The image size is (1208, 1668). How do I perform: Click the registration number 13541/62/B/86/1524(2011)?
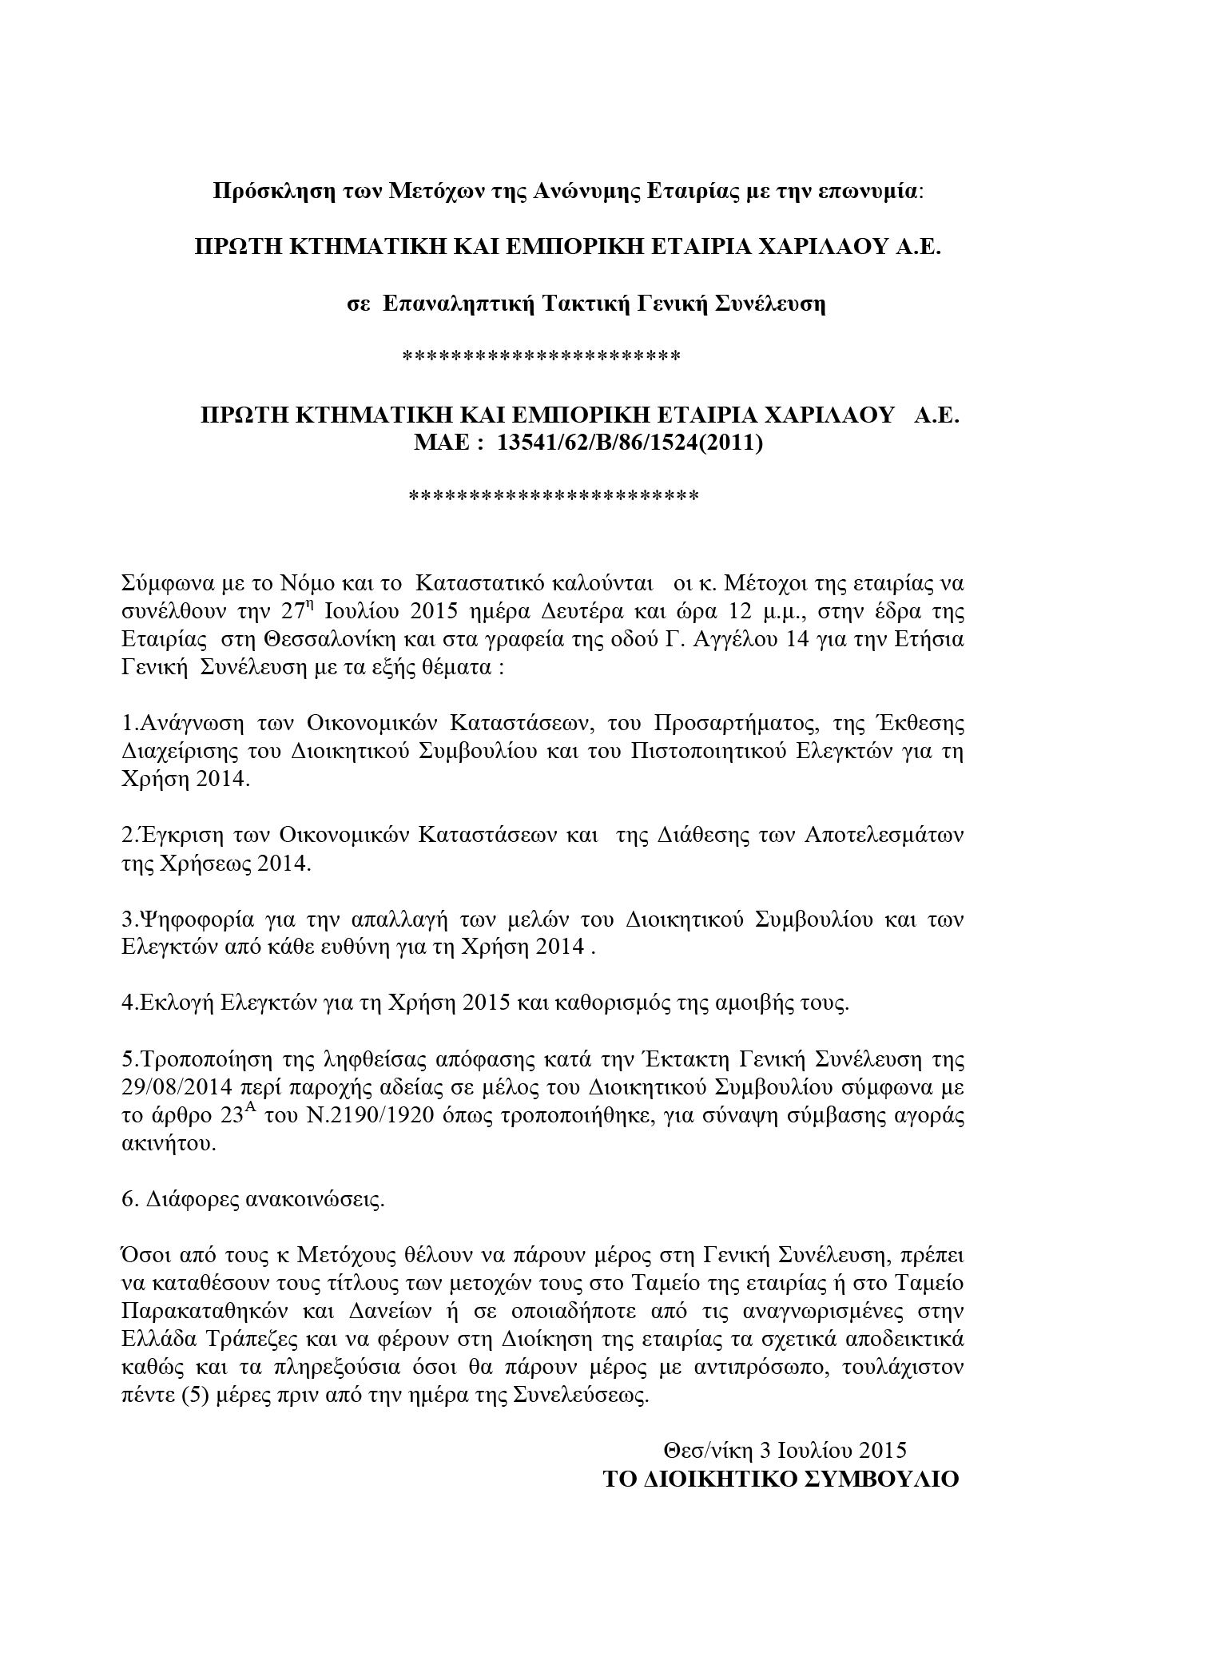click(x=630, y=443)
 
